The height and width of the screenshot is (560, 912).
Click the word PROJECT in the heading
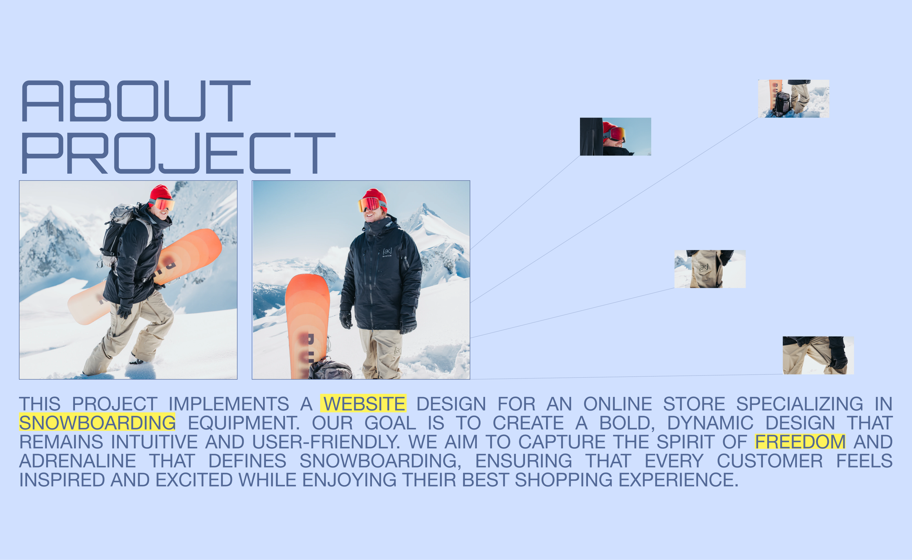(179, 153)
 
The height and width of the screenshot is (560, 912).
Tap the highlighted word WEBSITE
(364, 404)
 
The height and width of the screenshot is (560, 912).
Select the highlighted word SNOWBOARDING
(97, 422)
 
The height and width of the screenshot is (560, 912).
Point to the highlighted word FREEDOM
(800, 442)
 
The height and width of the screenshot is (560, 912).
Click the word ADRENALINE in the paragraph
(78, 461)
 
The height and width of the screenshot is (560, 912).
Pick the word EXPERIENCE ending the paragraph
(678, 480)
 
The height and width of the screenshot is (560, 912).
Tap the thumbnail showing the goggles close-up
(615, 137)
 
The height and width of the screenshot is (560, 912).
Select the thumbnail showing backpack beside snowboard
(794, 99)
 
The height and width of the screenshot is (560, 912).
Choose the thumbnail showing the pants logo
(710, 269)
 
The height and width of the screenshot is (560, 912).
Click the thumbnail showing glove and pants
(818, 355)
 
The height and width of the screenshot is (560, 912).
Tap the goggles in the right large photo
(370, 204)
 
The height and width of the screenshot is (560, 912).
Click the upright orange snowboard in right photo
(307, 326)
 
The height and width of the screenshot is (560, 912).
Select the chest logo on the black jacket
(387, 252)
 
